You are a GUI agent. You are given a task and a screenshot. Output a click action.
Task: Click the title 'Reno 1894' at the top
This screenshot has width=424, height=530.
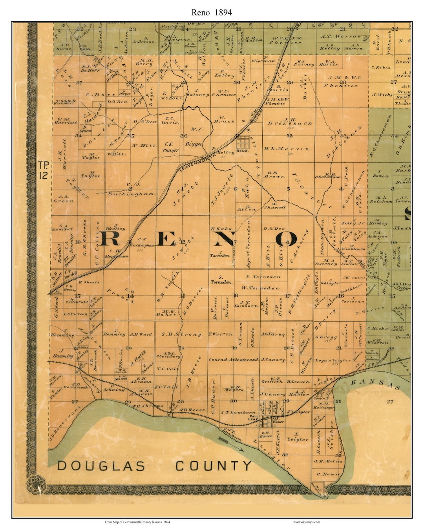[x=212, y=12]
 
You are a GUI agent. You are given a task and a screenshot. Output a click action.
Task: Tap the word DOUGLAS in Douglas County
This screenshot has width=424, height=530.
[x=101, y=466]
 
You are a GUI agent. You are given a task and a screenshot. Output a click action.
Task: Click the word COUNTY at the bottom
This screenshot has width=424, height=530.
[x=213, y=466]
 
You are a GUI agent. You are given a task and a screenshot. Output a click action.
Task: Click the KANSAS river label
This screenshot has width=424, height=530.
[x=375, y=383]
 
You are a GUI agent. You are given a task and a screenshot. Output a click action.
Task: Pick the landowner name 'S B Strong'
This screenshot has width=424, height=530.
[x=181, y=334]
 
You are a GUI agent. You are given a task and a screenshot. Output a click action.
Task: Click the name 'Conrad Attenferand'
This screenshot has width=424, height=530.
[x=233, y=360]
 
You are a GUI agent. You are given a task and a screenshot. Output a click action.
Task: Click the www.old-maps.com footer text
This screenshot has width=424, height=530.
[x=306, y=522]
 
